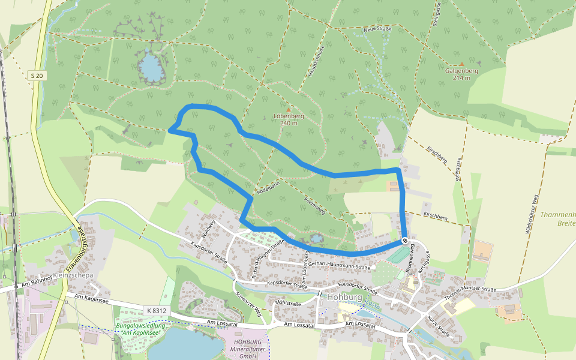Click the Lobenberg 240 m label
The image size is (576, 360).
click(289, 119)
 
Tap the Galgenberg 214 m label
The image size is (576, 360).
click(461, 74)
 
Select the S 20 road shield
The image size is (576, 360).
click(37, 75)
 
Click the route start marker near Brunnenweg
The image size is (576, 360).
click(406, 241)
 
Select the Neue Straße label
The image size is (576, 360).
click(377, 29)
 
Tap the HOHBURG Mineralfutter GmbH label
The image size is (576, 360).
click(243, 349)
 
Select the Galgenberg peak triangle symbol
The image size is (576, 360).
click(461, 64)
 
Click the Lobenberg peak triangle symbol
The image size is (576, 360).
click(289, 109)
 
